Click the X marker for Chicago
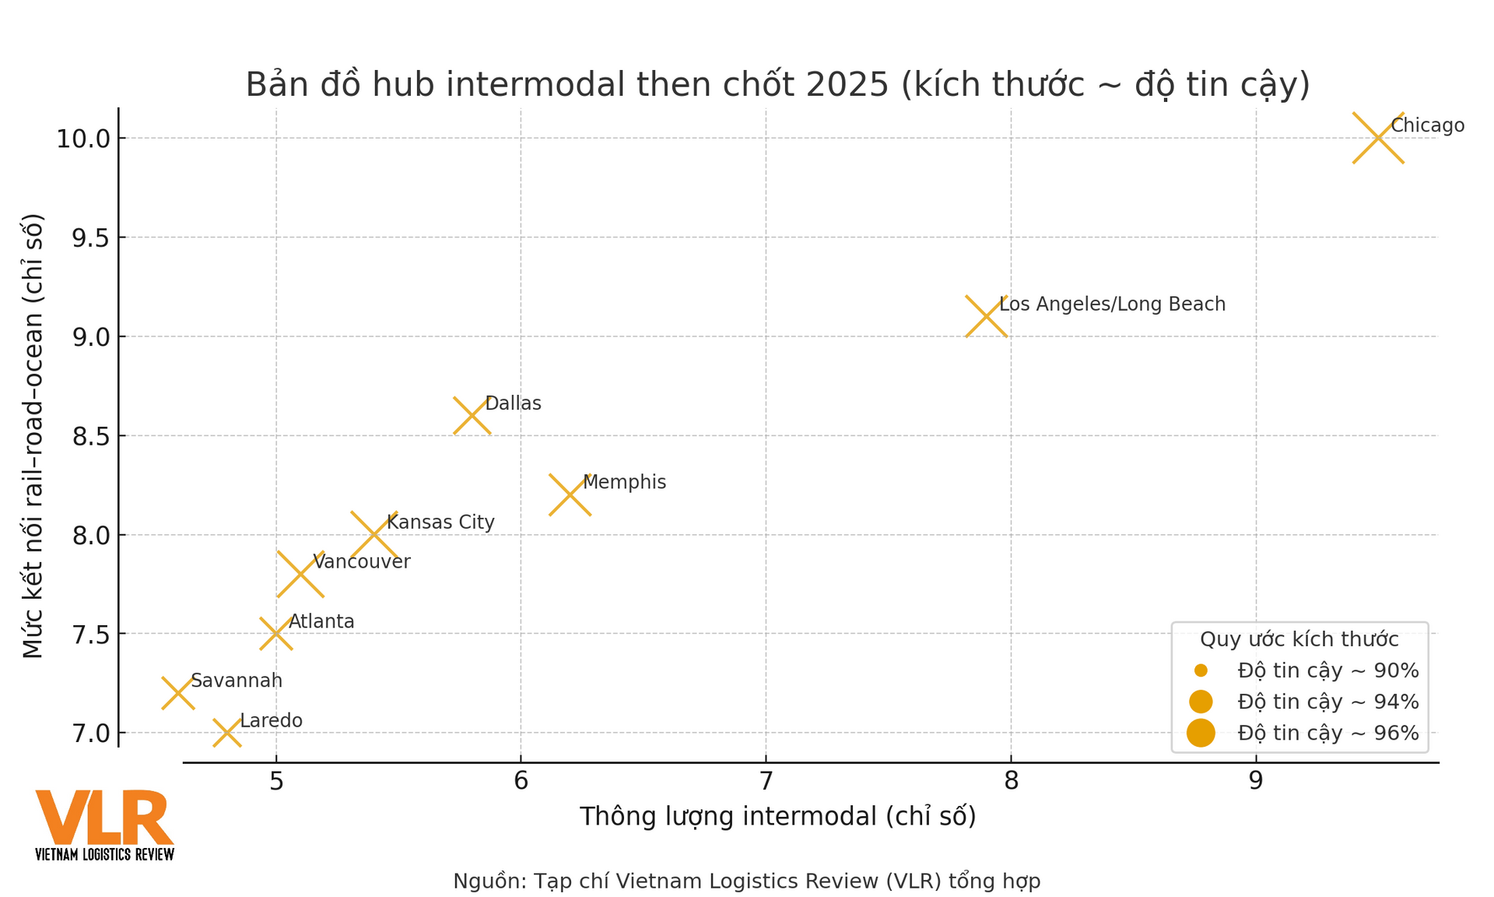(x=1378, y=139)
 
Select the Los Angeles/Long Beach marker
(x=986, y=316)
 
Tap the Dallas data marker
(x=472, y=415)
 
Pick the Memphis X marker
(x=570, y=494)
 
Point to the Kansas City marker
(x=373, y=535)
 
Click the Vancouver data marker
(x=300, y=575)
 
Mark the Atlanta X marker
(x=275, y=634)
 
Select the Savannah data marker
(x=177, y=693)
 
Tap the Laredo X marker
(x=226, y=733)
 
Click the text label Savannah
(x=236, y=681)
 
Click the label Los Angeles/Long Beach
(x=1112, y=304)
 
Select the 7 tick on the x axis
(x=766, y=780)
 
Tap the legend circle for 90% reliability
(x=1201, y=670)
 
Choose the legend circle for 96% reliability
(x=1201, y=733)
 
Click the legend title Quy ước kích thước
(x=1299, y=639)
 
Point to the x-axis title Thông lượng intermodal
(x=777, y=816)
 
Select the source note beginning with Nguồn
(x=746, y=881)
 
